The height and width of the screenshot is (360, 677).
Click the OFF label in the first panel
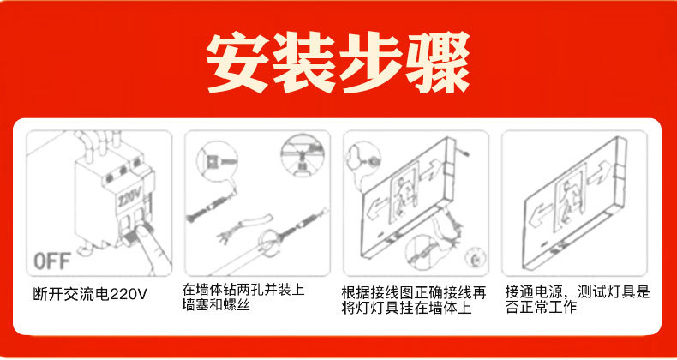tap(51, 261)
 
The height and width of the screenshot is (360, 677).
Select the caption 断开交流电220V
tap(90, 294)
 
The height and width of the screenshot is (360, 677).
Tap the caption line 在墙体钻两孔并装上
tap(243, 289)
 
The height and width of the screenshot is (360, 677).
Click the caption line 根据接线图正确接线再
tap(414, 293)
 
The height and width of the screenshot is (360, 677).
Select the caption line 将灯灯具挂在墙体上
tap(406, 309)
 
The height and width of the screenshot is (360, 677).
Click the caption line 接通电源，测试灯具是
tap(578, 292)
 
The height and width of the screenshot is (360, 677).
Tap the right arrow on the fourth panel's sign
tap(601, 172)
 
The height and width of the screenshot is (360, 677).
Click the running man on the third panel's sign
tap(404, 196)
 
